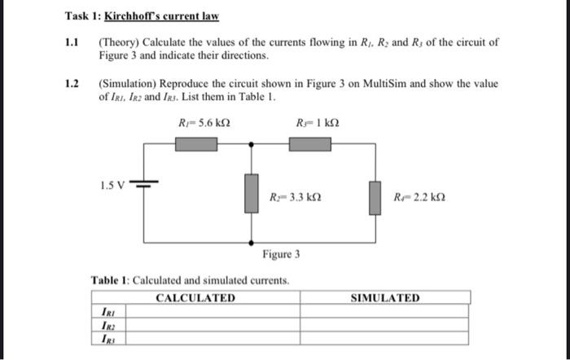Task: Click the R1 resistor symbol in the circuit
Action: (196, 144)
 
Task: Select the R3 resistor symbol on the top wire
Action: (310, 144)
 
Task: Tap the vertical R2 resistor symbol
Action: (252, 194)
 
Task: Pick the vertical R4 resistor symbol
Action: (374, 198)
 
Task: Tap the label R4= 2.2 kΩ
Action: (419, 197)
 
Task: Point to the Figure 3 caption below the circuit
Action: (281, 254)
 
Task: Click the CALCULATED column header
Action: (195, 298)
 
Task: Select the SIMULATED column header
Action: (385, 298)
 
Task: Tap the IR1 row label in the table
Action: (107, 311)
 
